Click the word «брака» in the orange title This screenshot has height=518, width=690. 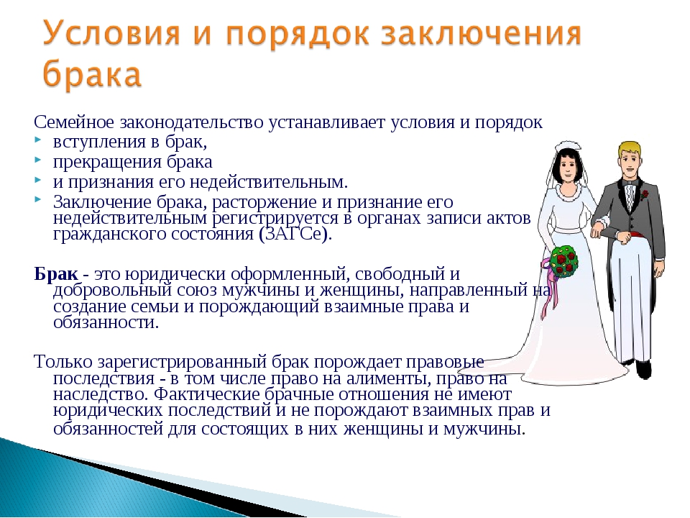tap(93, 73)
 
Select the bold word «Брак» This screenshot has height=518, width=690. tap(56, 274)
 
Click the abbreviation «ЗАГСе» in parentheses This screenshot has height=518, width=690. tap(293, 234)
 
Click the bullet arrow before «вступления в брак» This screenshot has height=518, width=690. tap(38, 140)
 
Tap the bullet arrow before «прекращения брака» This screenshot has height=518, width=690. tap(38, 160)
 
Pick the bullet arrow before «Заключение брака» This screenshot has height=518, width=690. tap(38, 199)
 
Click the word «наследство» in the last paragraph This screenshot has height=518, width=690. tap(101, 394)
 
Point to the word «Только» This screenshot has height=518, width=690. tap(63, 362)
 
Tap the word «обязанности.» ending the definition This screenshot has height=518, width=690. tap(106, 323)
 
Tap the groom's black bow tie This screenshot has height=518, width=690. tap(630, 181)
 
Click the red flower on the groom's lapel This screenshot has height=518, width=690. tap(645, 194)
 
